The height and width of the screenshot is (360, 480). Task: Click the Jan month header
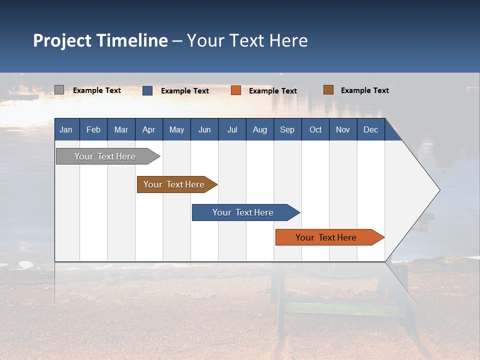coord(66,129)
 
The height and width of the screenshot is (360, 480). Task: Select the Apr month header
coord(148,129)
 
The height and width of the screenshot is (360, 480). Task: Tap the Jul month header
coord(232,129)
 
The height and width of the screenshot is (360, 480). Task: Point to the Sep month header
coord(287,129)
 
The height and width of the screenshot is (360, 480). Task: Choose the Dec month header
coord(370,129)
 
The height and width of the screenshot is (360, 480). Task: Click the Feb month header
coord(93,129)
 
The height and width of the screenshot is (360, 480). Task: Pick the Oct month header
coord(315,129)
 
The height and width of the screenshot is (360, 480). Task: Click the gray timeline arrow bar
coord(105,156)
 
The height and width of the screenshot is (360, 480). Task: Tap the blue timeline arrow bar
coord(243,212)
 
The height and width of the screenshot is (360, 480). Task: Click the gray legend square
coord(59,90)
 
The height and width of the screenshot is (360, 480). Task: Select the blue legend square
coord(147,90)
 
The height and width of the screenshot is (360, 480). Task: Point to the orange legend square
coord(236,90)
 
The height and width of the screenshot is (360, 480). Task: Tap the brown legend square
coord(328,90)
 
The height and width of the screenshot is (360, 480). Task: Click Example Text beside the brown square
coord(364,90)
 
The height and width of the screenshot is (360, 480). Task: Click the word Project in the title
coord(62,40)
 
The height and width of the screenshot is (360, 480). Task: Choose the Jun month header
coord(204,129)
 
